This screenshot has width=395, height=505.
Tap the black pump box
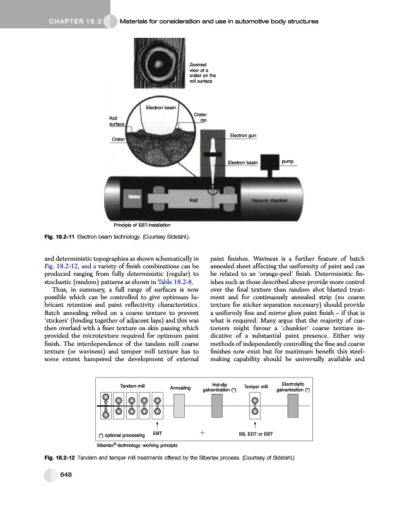point(273,165)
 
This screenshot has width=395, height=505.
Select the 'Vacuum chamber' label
point(269,200)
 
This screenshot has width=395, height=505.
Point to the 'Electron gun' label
point(243,136)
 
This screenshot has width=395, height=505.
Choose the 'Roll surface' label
point(117,121)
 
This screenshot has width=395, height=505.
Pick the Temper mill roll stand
point(256,408)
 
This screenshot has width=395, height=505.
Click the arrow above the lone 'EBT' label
point(158,425)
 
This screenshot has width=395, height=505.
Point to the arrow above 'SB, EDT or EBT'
point(256,425)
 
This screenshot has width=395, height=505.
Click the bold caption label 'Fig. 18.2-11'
point(59,237)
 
